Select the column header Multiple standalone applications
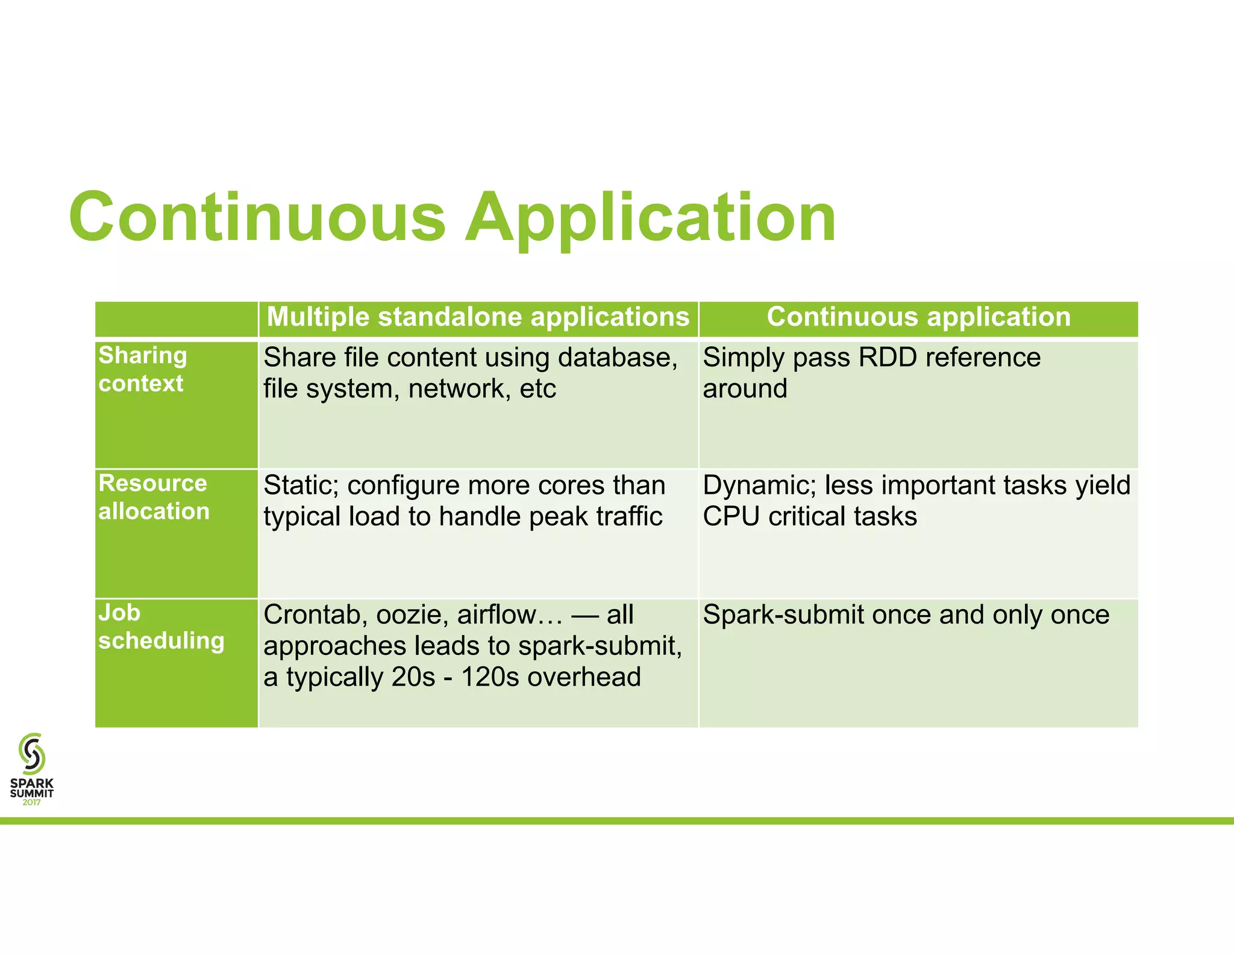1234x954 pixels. coord(478,317)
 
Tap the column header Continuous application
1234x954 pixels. coord(918,317)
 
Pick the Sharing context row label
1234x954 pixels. coord(143,369)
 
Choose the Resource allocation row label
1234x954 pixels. coord(154,497)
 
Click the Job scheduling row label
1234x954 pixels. coord(161,627)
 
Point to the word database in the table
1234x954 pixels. coord(618,358)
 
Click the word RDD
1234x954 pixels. coord(888,358)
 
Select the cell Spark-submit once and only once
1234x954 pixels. coord(906,615)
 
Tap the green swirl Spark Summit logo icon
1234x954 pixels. coord(32,753)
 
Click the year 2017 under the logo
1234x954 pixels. coord(32,803)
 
